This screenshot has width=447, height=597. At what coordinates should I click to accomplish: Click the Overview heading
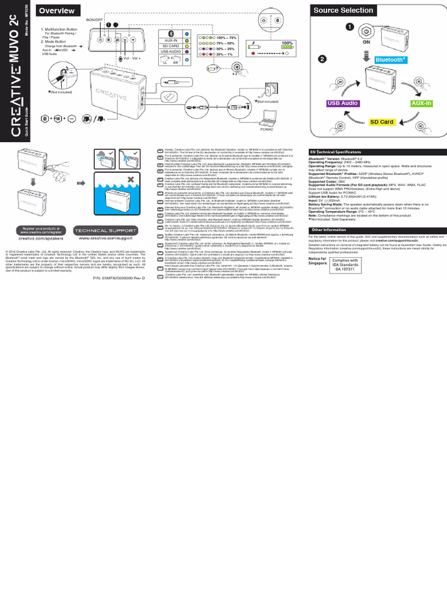click(57, 11)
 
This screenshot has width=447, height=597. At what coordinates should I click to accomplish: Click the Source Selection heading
click(343, 10)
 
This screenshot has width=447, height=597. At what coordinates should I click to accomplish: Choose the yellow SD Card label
click(382, 122)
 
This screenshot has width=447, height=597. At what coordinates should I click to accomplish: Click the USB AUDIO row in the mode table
click(171, 51)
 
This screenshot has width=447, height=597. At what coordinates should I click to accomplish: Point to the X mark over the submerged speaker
click(132, 177)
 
